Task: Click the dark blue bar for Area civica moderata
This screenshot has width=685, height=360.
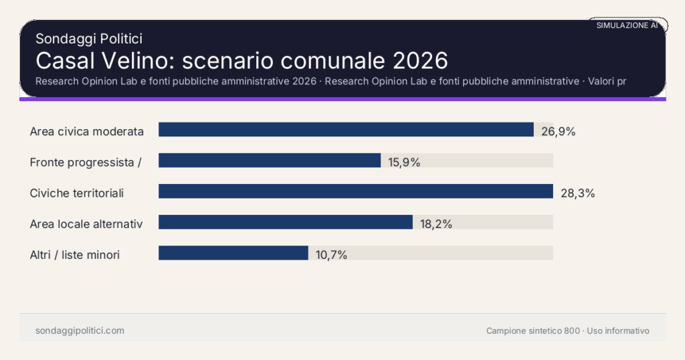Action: click(346, 130)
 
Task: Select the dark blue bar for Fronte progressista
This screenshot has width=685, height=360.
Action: click(270, 161)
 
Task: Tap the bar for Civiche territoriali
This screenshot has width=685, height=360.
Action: click(356, 191)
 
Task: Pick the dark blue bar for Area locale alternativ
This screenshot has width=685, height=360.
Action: click(286, 222)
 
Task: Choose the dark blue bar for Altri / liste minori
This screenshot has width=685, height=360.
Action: click(233, 253)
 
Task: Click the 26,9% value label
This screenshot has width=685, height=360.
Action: click(558, 131)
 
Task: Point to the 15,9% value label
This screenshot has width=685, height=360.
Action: click(404, 162)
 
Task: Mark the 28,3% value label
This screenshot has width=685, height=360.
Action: click(577, 193)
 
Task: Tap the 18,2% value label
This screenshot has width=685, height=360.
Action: click(436, 224)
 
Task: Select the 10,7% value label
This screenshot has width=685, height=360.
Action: click(331, 255)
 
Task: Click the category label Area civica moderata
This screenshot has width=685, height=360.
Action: click(87, 131)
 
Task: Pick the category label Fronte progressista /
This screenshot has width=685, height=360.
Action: click(86, 162)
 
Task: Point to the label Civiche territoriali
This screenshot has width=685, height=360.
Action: click(78, 193)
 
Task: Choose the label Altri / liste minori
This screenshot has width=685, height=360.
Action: click(75, 254)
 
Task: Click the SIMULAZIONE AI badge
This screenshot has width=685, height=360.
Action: click(627, 25)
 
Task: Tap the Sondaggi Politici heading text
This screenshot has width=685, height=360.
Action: click(89, 39)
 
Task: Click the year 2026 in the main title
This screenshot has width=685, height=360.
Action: click(419, 60)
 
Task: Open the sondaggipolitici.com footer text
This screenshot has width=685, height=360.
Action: click(80, 331)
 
